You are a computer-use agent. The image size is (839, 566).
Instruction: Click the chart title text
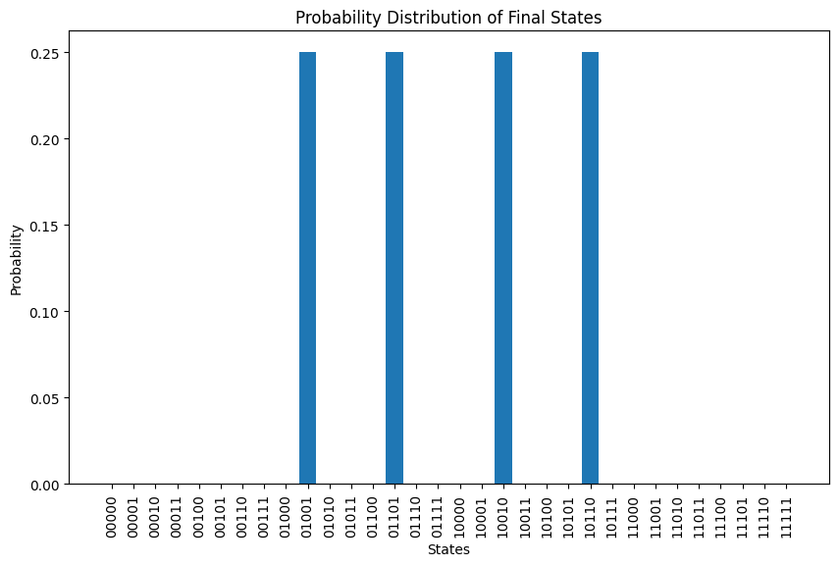click(449, 17)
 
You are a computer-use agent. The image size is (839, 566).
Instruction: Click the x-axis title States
click(448, 550)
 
